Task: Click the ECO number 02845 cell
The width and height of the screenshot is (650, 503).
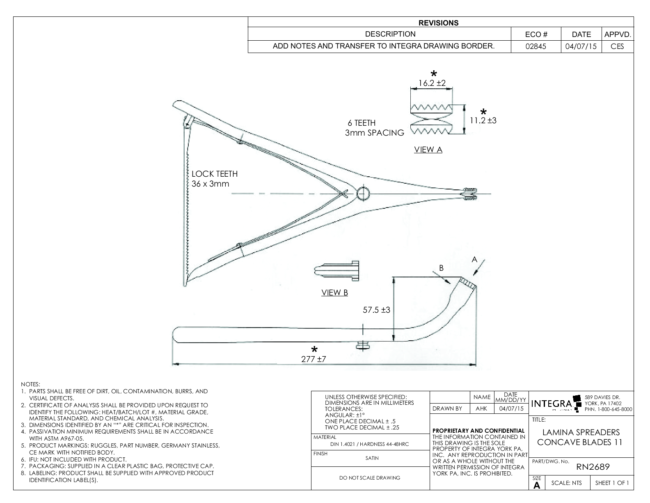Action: pos(536,46)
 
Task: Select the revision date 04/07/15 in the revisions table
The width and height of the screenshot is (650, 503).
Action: pos(581,46)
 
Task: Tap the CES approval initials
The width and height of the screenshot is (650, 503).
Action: pos(617,46)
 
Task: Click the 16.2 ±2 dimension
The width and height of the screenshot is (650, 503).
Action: pos(432,83)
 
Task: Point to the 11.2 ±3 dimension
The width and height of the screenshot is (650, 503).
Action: pos(483,120)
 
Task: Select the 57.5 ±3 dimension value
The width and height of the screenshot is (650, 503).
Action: pos(376,310)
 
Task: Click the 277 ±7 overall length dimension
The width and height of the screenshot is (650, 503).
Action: pos(314,359)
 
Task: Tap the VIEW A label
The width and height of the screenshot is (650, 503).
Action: pos(428,150)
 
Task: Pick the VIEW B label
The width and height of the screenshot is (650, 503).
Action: pos(334,293)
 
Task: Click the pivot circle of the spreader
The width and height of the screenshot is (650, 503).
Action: pos(363,193)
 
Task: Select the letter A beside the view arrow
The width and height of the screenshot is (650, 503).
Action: pos(474,260)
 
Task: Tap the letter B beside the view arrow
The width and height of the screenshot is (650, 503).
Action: pos(441,268)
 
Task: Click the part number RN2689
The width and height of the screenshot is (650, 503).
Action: pos(593,467)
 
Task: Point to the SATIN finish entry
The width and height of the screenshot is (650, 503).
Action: pos(372,458)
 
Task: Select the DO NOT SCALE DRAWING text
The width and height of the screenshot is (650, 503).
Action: pos(370,478)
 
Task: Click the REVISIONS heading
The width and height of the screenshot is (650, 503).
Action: pos(439,23)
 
